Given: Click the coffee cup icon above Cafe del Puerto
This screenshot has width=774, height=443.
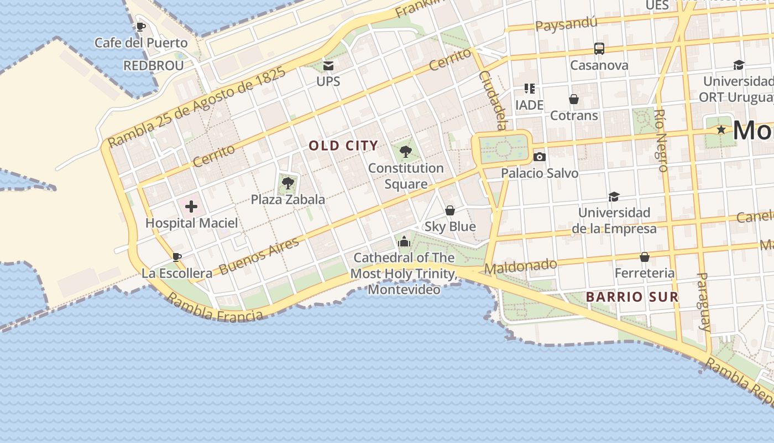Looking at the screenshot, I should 141,27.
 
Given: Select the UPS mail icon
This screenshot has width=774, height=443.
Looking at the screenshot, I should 328,66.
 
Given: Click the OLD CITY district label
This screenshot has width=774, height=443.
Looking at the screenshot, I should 343,146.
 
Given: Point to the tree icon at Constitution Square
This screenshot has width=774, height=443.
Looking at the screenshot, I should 405,151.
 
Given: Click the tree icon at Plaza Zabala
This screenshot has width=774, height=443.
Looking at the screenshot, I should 287,183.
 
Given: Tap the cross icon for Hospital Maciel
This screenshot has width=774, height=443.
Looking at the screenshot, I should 191,207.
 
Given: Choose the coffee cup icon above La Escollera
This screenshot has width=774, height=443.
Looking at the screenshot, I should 177,257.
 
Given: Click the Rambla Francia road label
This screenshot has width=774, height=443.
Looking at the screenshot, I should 215,308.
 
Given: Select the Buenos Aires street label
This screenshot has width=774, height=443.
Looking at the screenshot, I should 259,255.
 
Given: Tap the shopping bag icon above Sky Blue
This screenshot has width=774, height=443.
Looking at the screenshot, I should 450,210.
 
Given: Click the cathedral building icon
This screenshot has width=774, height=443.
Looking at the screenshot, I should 404,241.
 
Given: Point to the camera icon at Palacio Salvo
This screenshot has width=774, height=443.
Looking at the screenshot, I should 540,157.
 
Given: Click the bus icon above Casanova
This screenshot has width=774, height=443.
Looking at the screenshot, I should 599,49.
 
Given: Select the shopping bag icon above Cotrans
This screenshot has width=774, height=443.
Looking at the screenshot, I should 574,99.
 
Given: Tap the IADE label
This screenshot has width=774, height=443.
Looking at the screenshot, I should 529,105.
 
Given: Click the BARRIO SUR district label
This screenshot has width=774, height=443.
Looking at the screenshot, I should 632,297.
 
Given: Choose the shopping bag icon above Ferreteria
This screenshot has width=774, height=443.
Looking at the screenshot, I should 645,257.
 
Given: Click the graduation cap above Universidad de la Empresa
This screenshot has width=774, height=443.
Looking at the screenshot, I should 614,197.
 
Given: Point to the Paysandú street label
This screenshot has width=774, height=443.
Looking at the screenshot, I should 567,24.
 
